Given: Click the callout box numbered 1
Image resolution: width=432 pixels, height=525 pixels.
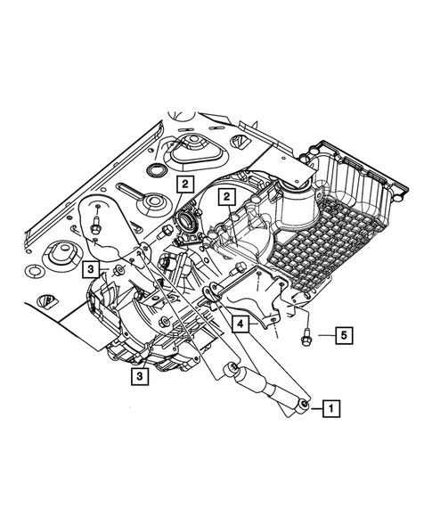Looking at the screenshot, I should (329, 409).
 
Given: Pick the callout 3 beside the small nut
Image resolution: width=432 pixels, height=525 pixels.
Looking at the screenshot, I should (92, 267).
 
